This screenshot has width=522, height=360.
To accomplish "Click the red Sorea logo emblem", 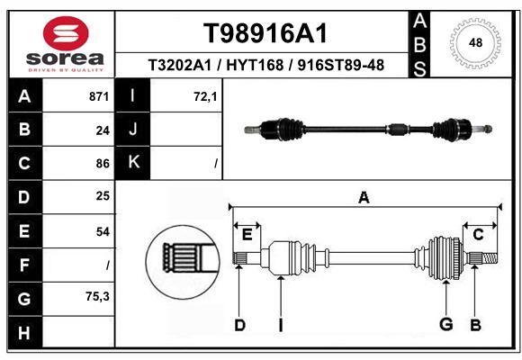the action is click(66, 33).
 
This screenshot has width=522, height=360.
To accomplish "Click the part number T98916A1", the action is click(265, 33).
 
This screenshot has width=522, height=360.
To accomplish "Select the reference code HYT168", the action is click(255, 65).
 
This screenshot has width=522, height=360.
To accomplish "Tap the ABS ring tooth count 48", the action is click(475, 42).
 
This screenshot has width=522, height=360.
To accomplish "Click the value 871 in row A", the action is click(99, 96).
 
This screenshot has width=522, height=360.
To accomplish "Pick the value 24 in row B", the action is click(103, 130).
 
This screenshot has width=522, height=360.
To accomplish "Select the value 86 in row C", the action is click(103, 164).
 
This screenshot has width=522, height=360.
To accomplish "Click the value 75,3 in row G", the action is click(97, 296).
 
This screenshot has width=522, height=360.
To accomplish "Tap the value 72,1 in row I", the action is click(205, 97).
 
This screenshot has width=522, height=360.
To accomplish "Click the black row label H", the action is click(24, 333).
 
